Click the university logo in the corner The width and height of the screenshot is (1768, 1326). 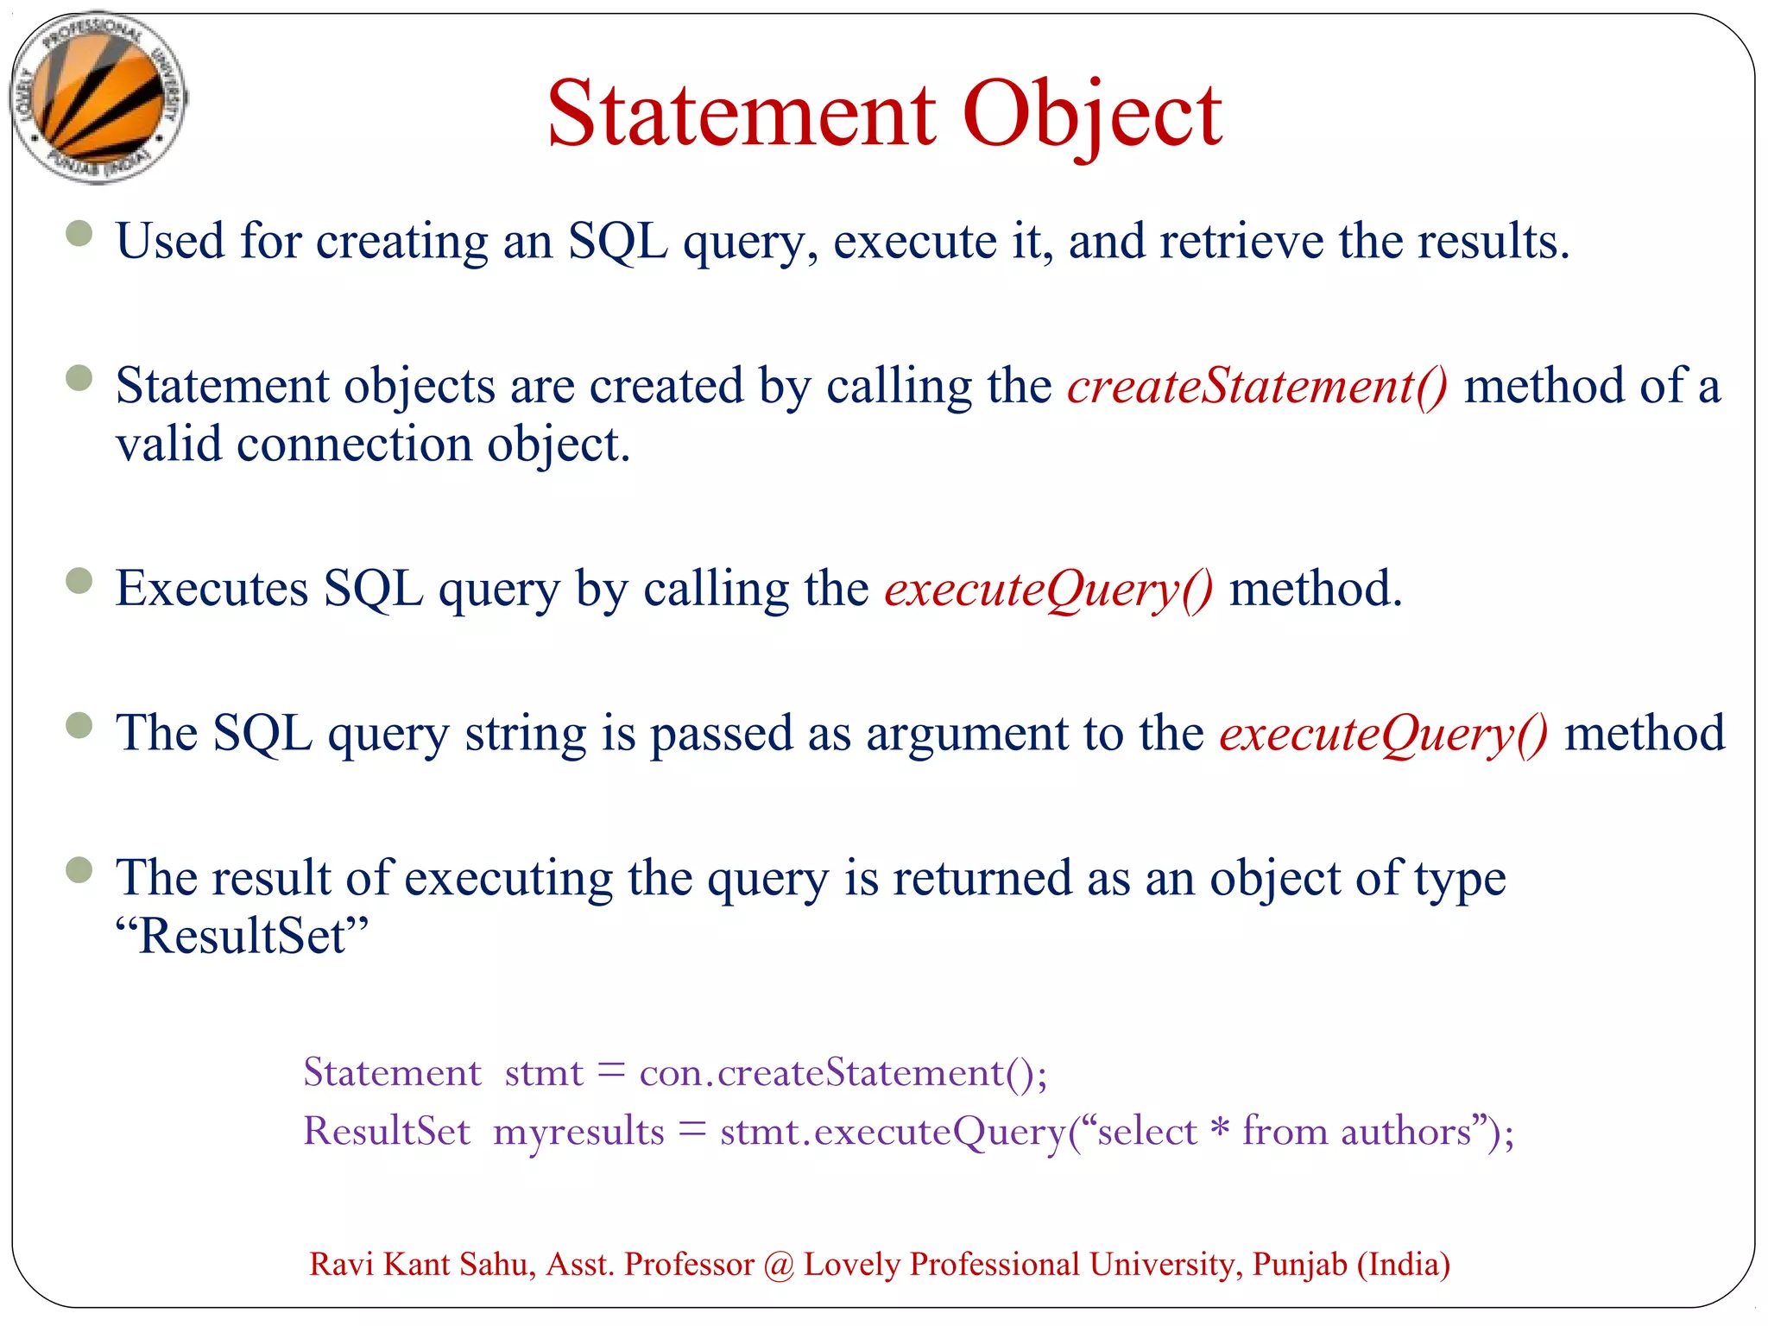[x=98, y=97]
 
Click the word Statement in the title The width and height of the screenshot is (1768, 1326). [x=741, y=114]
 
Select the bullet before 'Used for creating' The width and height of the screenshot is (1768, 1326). [x=79, y=233]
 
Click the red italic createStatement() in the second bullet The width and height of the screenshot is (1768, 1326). [x=1257, y=386]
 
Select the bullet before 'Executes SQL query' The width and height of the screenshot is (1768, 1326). [x=79, y=581]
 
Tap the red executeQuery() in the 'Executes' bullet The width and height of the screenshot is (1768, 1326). [x=1048, y=590]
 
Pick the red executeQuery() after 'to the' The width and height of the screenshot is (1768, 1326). [x=1383, y=734]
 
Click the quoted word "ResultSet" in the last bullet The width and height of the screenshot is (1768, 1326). [x=242, y=936]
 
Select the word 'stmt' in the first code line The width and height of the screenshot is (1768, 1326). [x=544, y=1073]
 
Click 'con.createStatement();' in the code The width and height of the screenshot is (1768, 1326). [x=843, y=1073]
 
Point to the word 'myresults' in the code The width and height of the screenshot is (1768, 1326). [x=578, y=1132]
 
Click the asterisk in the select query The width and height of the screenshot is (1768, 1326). [x=1219, y=1129]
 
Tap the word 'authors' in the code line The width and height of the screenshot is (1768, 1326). [x=1405, y=1132]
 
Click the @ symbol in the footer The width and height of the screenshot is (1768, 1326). [x=779, y=1266]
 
